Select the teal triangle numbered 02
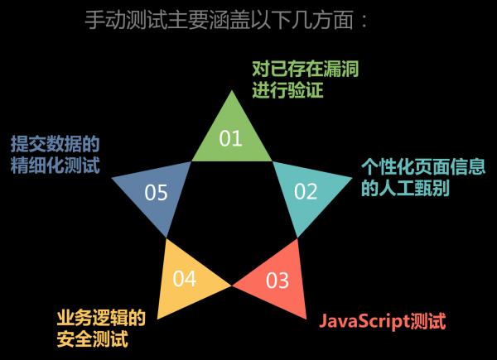(x=307, y=193)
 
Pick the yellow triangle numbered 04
(x=187, y=276)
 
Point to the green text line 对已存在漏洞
(x=306, y=67)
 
